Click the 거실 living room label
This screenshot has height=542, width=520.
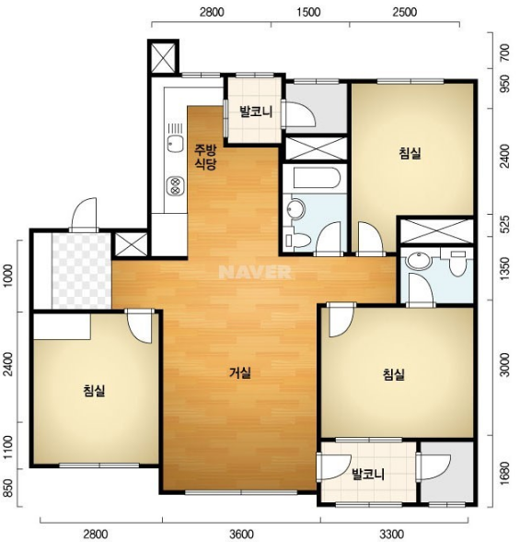coord(240,372)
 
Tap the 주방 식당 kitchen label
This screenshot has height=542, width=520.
coord(205,157)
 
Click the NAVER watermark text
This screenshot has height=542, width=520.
coord(255,272)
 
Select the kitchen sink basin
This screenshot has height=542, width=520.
coord(175,144)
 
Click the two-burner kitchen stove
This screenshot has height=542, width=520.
coord(175,185)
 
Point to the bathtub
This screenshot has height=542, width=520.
coord(318,178)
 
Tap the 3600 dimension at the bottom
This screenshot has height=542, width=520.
coord(241,534)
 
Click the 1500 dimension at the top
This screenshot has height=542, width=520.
coord(308,12)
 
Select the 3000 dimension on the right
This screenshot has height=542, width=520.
coord(504,365)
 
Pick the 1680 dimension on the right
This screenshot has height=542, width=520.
coord(504,473)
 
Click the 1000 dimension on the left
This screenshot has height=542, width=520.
coord(9,276)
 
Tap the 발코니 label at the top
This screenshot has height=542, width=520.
coord(256,112)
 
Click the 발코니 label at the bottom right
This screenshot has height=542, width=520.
coord(368,474)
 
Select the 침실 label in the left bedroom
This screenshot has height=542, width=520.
coord(94,391)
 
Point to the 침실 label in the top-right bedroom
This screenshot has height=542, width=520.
coord(410,153)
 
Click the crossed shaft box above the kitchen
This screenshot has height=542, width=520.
coord(163,57)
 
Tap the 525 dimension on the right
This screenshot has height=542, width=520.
coord(504,225)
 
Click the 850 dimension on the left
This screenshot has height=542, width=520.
coord(9,489)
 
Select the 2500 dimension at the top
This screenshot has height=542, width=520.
coord(405,12)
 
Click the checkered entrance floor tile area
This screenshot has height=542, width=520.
coord(81,271)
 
